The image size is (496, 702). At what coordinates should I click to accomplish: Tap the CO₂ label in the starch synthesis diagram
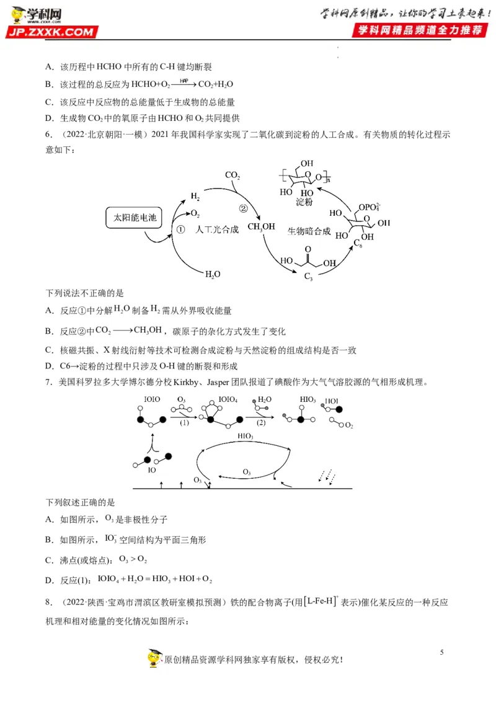pyautogui.click(x=232, y=175)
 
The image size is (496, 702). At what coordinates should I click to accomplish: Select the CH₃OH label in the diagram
pyautogui.click(x=261, y=227)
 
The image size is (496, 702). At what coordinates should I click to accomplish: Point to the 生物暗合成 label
pyautogui.click(x=308, y=231)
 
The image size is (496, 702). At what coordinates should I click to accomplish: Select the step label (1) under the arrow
pyautogui.click(x=184, y=423)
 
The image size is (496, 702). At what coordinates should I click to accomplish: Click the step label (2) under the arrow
pyautogui.click(x=260, y=423)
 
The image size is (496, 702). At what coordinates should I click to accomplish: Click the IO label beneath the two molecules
pyautogui.click(x=151, y=470)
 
